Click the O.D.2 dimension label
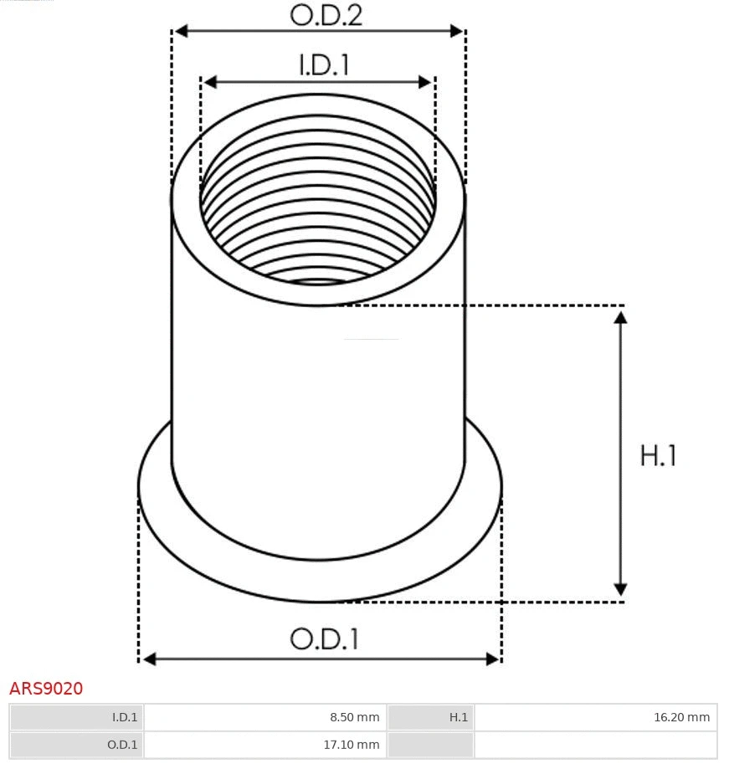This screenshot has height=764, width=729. tap(326, 14)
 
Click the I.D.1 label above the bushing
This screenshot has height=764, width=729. tap(323, 65)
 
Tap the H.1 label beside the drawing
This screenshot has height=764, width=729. tap(658, 455)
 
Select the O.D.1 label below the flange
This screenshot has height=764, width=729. tap(324, 639)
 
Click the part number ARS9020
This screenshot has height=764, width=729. tap(46, 689)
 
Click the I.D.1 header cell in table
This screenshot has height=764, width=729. tap(76, 717)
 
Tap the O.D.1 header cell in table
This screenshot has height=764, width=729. tap(76, 744)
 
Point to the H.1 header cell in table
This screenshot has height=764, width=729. tap(430, 717)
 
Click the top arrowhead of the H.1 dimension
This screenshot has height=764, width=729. tap(620, 316)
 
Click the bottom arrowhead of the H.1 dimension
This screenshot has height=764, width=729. tap(620, 591)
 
